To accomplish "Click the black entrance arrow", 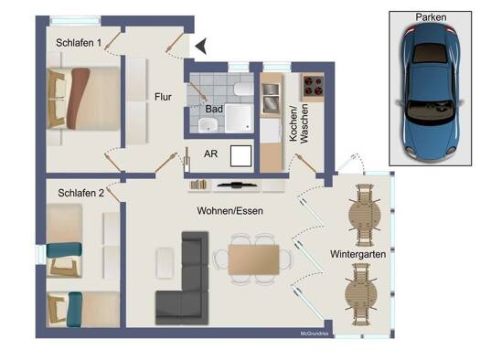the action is click(201, 47).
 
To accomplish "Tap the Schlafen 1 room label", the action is click(79, 43).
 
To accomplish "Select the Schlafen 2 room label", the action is click(80, 193).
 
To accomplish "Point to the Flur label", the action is click(163, 97).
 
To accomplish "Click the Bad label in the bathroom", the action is click(214, 109).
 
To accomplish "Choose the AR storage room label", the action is click(211, 154).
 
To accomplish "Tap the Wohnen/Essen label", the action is click(229, 211).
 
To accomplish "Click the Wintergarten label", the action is click(357, 254).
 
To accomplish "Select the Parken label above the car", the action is click(431, 17).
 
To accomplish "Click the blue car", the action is click(431, 92).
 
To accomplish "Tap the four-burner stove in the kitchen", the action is click(314, 87).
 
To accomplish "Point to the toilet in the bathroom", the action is click(243, 89).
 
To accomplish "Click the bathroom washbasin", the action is click(208, 125).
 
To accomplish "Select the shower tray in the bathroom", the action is click(239, 119).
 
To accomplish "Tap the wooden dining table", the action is click(253, 259).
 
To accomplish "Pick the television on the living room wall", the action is click(236, 185).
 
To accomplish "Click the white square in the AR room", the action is click(241, 156).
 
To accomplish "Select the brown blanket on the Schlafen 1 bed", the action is click(79, 99).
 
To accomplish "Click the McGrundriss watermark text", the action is click(315, 334).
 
